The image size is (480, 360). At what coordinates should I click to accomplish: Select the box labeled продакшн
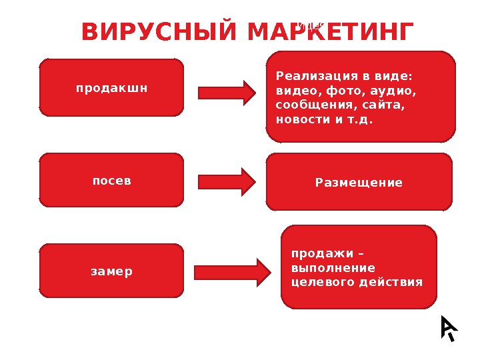111,87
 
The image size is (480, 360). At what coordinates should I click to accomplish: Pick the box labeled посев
111,180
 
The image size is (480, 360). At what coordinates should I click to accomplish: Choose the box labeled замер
111,271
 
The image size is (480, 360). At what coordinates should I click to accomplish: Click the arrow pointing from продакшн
227,93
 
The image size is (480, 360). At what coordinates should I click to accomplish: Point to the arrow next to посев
227,181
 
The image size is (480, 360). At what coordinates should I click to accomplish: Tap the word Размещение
359,182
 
